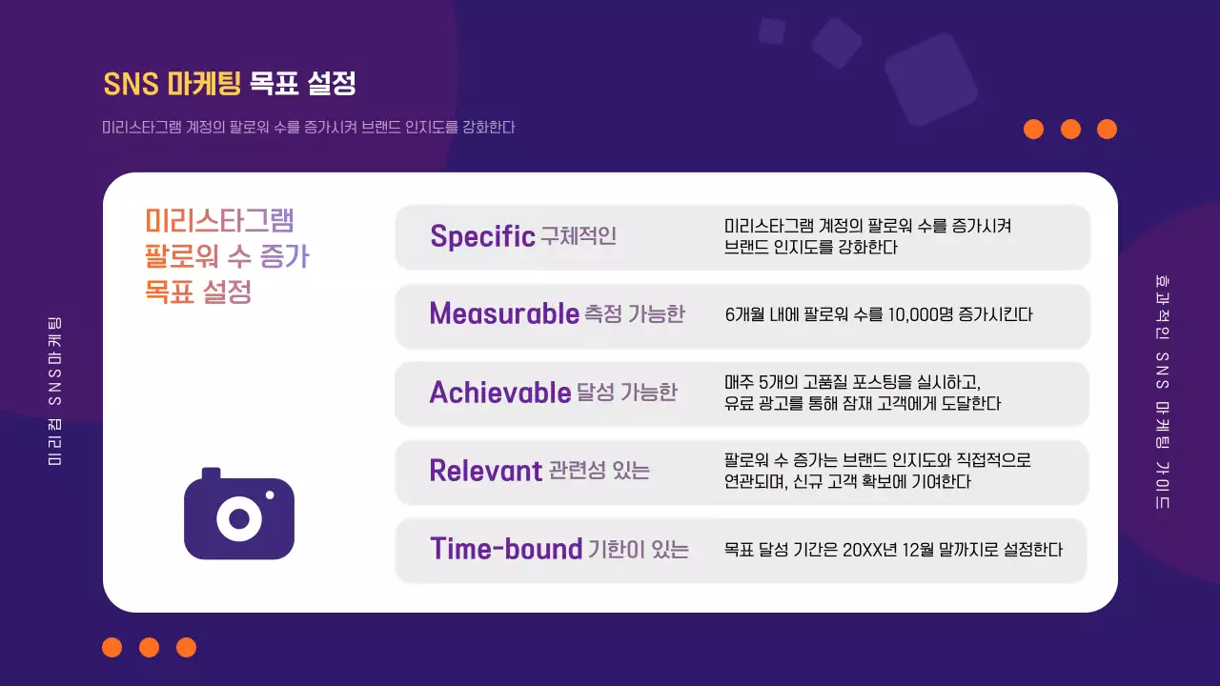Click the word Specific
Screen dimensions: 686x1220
coord(481,236)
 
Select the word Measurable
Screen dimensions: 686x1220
coord(504,313)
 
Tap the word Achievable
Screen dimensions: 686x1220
coord(500,393)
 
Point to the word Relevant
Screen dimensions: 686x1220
coord(485,471)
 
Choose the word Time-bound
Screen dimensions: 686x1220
coord(506,549)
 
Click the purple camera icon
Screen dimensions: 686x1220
coord(239,514)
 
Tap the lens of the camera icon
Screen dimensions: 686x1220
coord(239,519)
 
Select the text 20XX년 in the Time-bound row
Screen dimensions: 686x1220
coord(874,550)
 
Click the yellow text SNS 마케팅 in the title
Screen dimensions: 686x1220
coord(172,84)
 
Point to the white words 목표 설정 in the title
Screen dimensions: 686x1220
coord(303,84)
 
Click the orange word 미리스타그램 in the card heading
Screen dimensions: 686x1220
coord(219,221)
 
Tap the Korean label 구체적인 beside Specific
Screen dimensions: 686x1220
coord(579,236)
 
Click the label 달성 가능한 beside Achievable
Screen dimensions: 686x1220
coord(627,393)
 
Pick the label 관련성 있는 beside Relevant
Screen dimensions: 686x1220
coord(600,471)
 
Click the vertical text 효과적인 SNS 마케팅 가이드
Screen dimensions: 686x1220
coord(1161,392)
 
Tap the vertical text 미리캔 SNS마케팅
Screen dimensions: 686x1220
coord(55,392)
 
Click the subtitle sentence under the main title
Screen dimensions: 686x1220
coord(309,127)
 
